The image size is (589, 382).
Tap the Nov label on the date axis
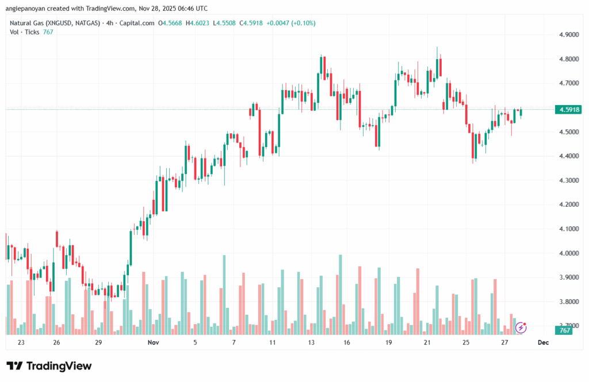(153, 342)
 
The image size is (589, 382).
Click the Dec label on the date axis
(542, 342)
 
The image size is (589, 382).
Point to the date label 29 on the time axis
(98, 342)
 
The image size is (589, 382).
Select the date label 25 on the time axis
(466, 342)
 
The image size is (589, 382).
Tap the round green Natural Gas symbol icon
(5, 23)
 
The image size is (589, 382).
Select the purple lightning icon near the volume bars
(521, 327)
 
